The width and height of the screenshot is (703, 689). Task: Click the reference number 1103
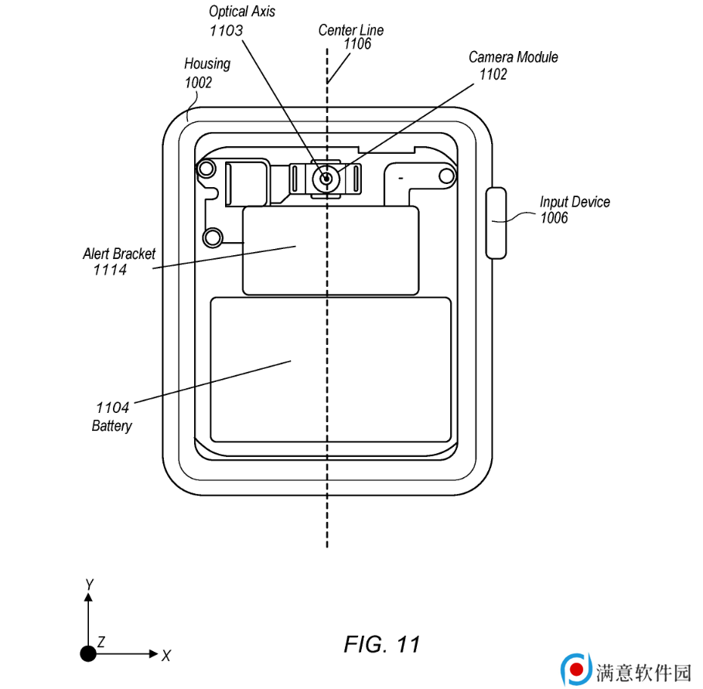coord(226,30)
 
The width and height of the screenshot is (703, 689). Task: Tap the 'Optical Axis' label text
coord(241,11)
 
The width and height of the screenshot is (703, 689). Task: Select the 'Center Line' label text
coord(350,30)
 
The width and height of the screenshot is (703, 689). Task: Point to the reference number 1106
coord(357,43)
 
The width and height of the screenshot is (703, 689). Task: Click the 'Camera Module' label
coord(513,57)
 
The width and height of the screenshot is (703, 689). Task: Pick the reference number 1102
coord(493,74)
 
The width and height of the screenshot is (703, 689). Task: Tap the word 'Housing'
coord(207,64)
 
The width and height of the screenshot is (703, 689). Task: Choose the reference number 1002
coord(198,83)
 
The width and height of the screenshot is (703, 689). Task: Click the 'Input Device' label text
coord(575,202)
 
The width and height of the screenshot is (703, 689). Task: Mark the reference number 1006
coord(554,218)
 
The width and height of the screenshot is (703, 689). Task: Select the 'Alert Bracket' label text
coord(119,254)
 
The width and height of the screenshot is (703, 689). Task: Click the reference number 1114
coord(110,270)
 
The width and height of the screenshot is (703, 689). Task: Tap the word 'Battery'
coord(111,425)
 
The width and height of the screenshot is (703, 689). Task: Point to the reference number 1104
coord(112,408)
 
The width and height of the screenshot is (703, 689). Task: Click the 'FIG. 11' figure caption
coord(381,644)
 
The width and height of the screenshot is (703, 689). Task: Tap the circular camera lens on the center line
coord(326,179)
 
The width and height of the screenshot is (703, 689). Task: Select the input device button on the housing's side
coord(496,223)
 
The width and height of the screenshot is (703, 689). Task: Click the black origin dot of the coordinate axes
coord(88,653)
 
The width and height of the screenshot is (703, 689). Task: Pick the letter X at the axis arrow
coord(166,656)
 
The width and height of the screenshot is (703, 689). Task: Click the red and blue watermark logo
coord(575,670)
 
